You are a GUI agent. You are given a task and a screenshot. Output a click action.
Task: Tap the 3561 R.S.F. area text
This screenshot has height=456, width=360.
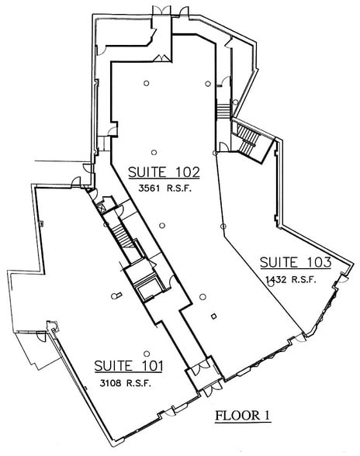[x=165, y=188]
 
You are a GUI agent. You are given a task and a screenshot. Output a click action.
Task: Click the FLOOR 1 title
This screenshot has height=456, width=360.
[x=242, y=415]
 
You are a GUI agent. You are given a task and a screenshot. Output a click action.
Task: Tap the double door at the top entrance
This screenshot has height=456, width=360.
[x=170, y=10]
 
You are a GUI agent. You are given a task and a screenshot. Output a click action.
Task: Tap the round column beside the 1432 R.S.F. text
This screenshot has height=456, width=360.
[x=271, y=284]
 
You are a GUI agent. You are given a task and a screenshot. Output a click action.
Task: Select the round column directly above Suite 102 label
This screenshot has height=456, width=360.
[x=154, y=151]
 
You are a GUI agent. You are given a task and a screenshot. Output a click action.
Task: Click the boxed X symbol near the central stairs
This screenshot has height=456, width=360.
[x=101, y=208]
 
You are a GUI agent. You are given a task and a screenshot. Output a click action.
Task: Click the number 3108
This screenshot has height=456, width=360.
[x=109, y=383]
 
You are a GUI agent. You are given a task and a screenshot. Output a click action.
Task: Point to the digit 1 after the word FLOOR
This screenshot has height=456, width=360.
[x=266, y=415]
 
